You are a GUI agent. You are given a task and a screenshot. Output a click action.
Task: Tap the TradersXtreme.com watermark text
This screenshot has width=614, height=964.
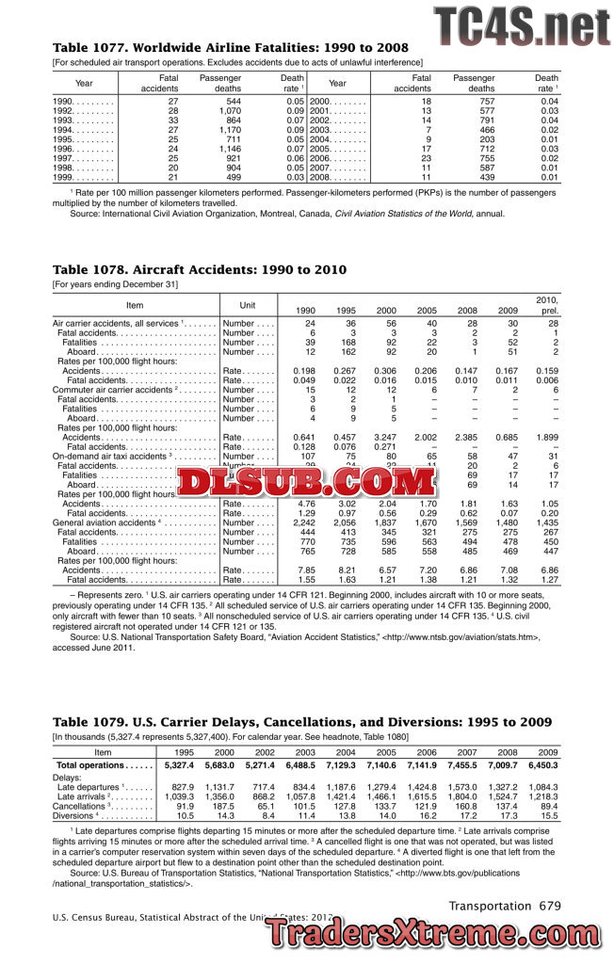tap(438, 935)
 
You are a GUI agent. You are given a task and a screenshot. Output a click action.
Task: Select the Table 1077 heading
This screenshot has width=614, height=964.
tap(230, 48)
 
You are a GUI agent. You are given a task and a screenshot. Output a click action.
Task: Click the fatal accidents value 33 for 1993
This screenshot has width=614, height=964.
tap(172, 120)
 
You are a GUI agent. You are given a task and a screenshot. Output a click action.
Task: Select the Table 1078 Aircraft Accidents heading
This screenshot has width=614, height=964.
tap(199, 270)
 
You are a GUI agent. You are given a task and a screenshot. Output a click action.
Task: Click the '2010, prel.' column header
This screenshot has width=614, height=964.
tap(546, 304)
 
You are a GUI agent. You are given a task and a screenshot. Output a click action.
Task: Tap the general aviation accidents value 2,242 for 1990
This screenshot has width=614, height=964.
tap(305, 522)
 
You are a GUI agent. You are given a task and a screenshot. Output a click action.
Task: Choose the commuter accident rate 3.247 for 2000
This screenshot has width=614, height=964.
tap(387, 438)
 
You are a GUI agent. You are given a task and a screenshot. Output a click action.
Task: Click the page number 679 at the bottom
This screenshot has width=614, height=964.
tap(550, 906)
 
